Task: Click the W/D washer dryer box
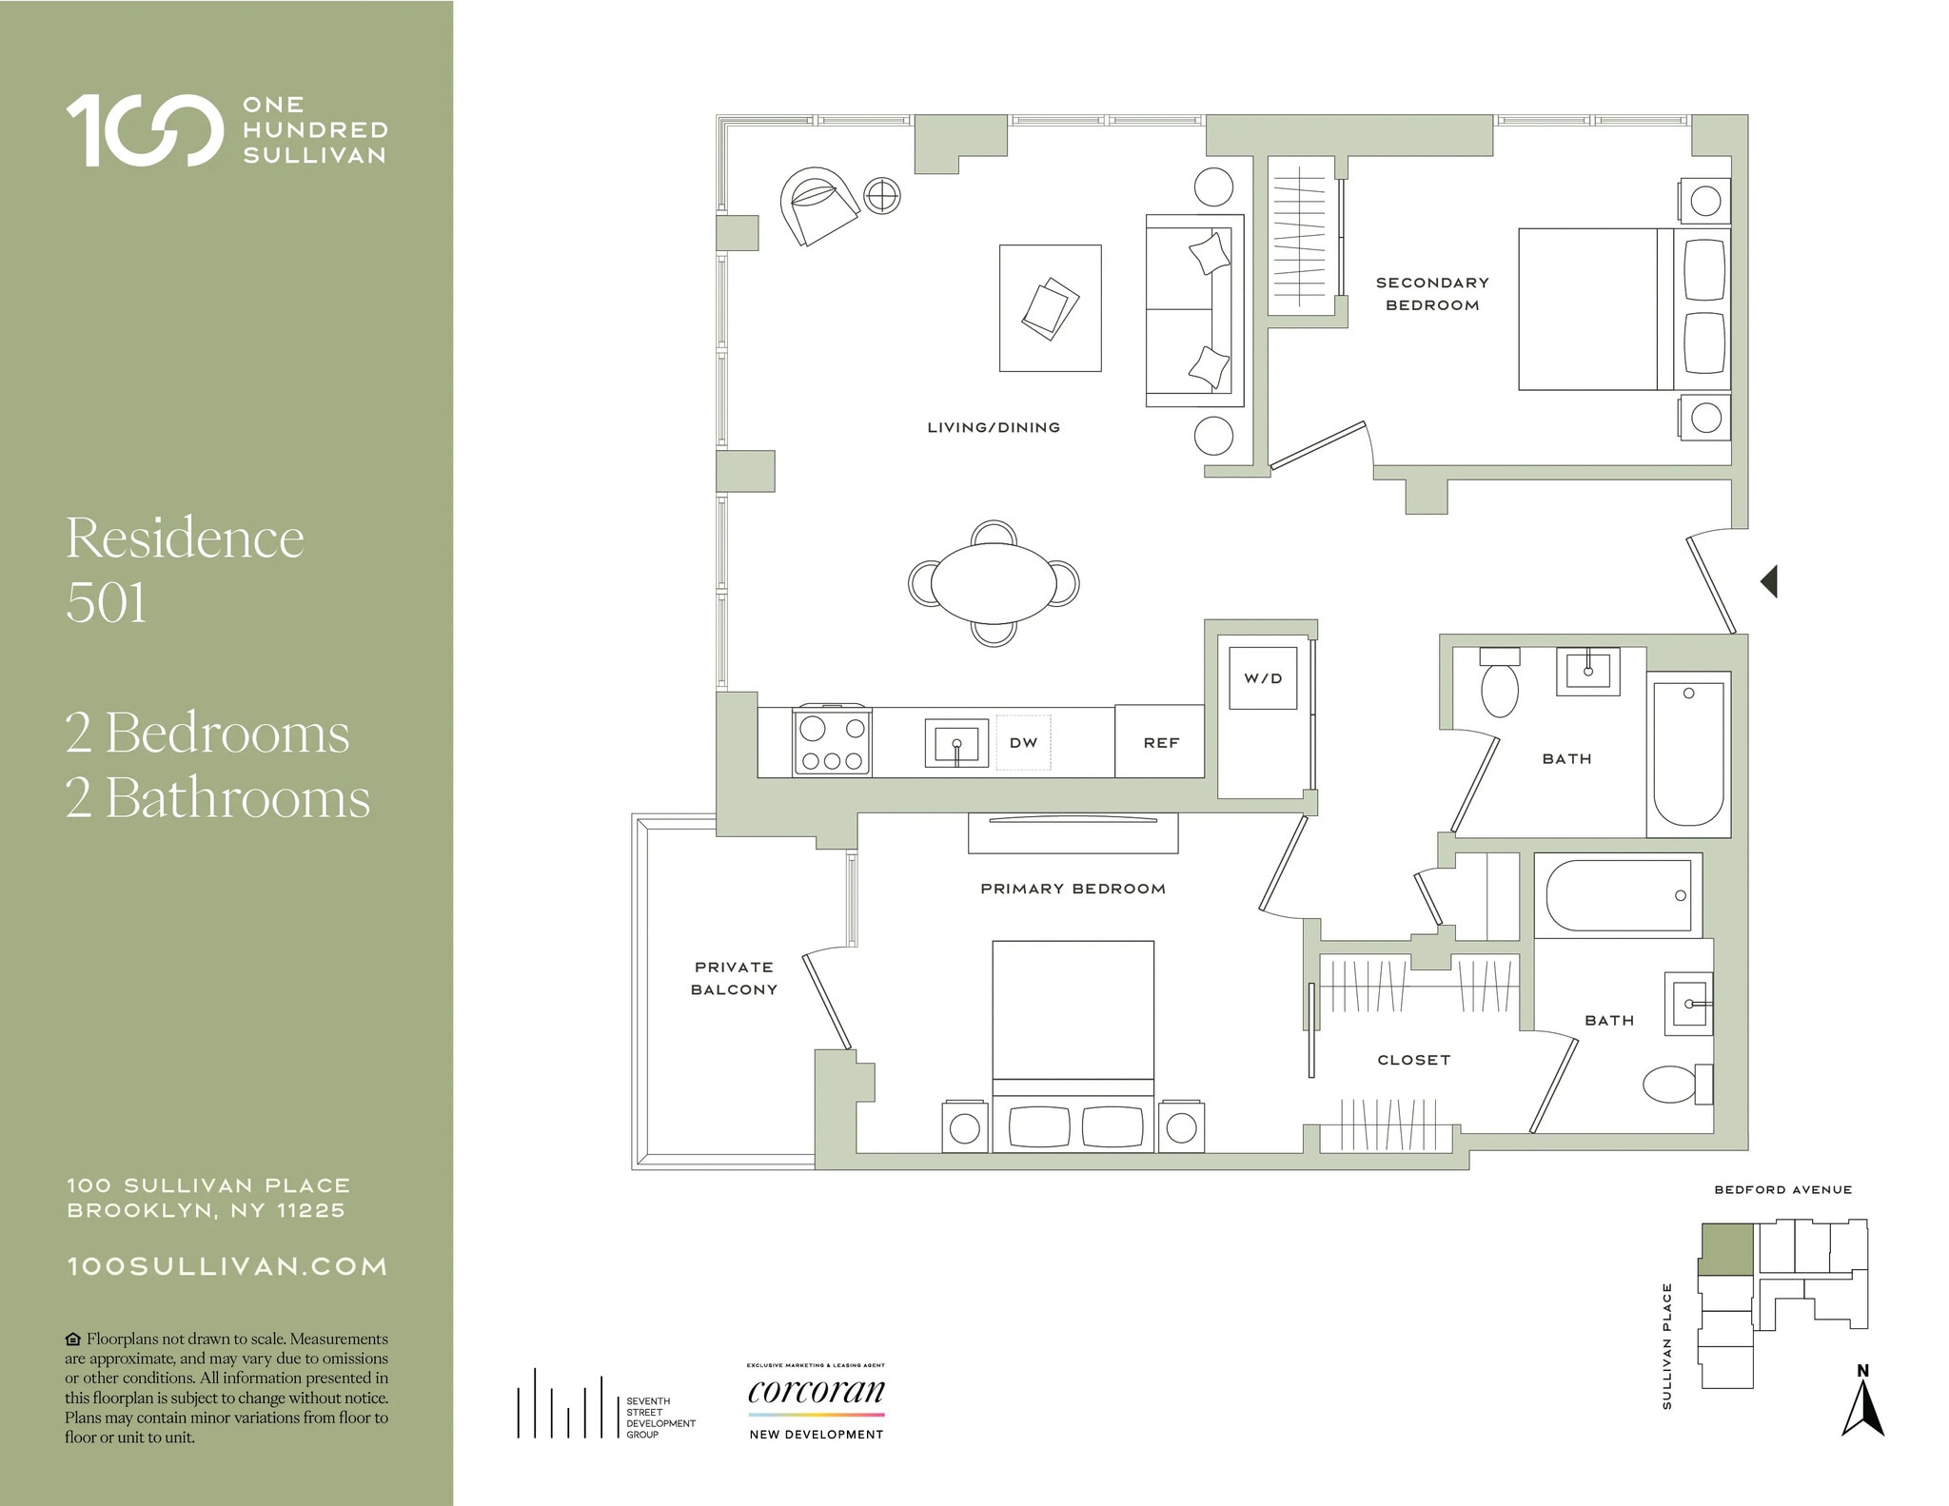[1263, 677]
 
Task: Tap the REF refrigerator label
[1161, 742]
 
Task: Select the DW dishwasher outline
[1023, 742]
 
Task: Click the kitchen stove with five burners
[832, 742]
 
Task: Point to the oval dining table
[994, 583]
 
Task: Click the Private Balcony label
[734, 978]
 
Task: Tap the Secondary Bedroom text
[1432, 294]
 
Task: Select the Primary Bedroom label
[1073, 889]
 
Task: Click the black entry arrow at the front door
[1769, 581]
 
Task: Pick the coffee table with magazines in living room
[1050, 308]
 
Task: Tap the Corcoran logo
[817, 1393]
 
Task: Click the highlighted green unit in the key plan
[1726, 1249]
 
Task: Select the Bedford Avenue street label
[1782, 1189]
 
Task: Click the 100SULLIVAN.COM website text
[226, 1266]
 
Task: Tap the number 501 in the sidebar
[107, 602]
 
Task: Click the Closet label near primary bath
[1413, 1060]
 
